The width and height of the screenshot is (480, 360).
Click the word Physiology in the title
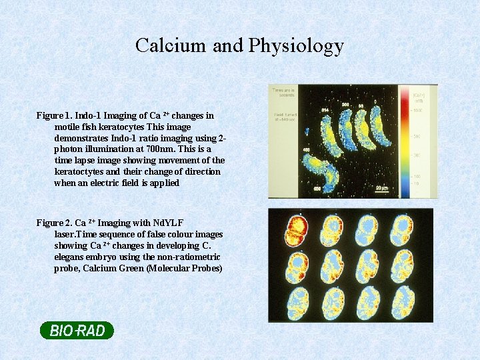coord(296,46)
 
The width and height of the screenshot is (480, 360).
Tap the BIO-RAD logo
coord(77,330)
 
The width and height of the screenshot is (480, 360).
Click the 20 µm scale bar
coord(381,190)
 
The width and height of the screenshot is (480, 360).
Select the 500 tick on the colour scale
coord(415,136)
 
